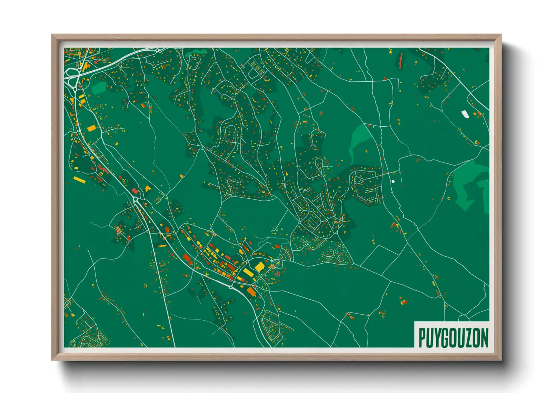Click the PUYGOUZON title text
[x=453, y=338]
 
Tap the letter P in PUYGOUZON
[x=422, y=338]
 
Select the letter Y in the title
[x=437, y=338]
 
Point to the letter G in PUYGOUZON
[x=445, y=338]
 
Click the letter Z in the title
[x=469, y=338]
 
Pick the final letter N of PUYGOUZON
[x=485, y=338]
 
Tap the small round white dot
[x=393, y=182]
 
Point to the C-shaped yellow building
[x=266, y=79]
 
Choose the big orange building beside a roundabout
[x=252, y=292]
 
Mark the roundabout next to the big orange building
[x=231, y=287]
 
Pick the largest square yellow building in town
[x=259, y=266]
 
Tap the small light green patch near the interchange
[x=98, y=88]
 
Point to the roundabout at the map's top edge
[x=158, y=50]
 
